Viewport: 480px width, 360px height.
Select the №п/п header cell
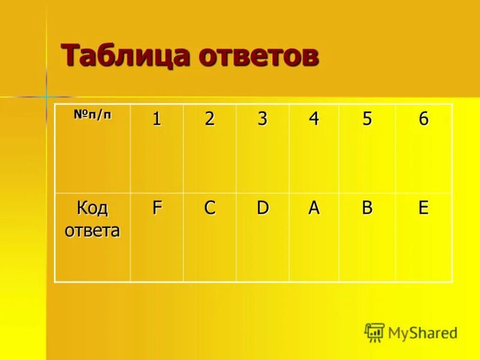point(92,115)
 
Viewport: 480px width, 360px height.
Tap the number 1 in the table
point(157,119)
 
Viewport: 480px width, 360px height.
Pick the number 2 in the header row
point(209,119)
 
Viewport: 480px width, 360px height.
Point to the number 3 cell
point(262,119)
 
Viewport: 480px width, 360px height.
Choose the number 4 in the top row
point(314,119)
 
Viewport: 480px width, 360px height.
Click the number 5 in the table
point(367,119)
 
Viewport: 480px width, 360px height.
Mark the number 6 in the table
point(423,119)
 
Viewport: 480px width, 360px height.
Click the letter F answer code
point(157,208)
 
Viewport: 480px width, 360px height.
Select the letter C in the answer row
point(209,208)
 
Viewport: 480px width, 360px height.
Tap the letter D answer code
point(262,208)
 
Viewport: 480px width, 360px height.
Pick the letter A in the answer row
point(314,208)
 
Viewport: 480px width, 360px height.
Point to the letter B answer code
point(367,208)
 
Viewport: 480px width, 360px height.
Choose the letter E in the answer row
point(423,208)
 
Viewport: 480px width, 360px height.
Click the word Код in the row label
point(92,209)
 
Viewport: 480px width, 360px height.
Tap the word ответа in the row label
point(92,230)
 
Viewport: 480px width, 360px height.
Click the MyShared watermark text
point(422,332)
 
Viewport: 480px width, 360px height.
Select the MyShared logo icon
point(374,332)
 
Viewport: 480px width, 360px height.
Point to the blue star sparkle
point(46,96)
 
